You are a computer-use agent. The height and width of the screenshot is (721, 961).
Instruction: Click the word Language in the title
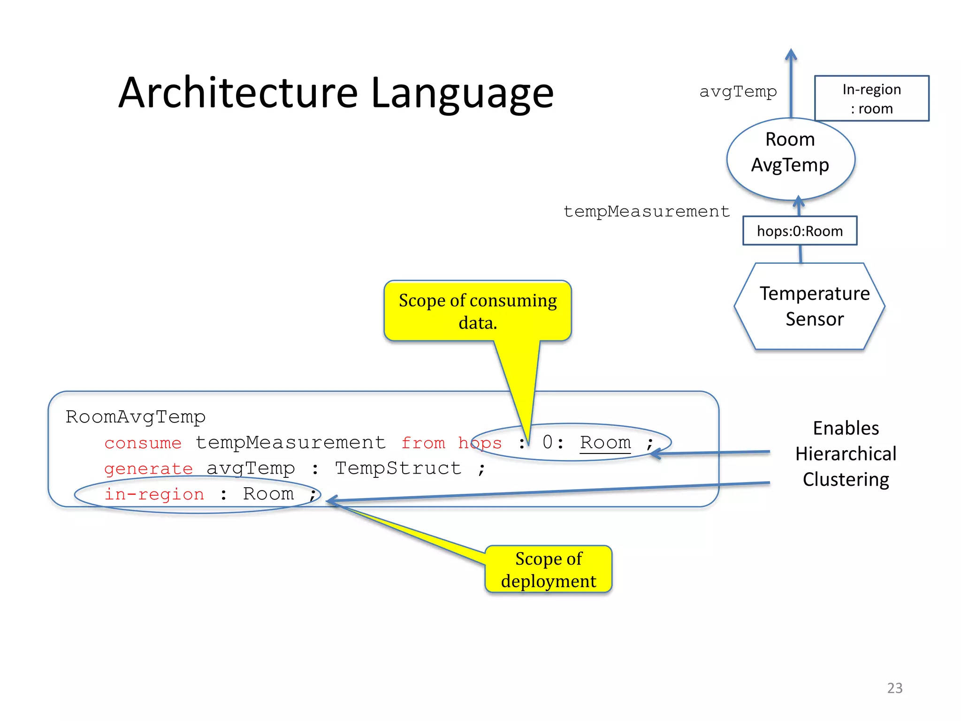click(x=462, y=94)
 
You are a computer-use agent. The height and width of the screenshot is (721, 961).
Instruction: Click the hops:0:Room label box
click(x=800, y=231)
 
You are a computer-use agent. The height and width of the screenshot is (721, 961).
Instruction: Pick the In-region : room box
click(x=871, y=99)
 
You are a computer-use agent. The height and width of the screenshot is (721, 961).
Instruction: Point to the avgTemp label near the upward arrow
click(x=738, y=92)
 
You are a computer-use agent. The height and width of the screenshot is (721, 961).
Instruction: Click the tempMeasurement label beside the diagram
click(x=646, y=211)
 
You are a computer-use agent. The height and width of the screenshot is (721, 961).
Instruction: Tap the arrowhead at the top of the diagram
click(x=791, y=55)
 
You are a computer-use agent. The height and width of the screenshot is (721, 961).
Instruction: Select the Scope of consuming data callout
click(x=478, y=311)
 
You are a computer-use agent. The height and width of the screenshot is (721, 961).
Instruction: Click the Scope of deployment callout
click(x=548, y=569)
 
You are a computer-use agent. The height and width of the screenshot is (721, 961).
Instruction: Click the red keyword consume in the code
click(x=143, y=443)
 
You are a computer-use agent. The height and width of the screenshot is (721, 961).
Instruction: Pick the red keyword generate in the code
click(x=148, y=468)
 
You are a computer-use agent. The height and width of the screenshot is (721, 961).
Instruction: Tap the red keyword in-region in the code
click(x=154, y=494)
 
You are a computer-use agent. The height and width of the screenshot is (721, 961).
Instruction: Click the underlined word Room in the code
click(x=605, y=443)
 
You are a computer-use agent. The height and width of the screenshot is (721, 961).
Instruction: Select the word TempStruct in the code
click(x=398, y=468)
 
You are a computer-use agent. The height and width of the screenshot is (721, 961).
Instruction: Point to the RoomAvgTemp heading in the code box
click(x=135, y=417)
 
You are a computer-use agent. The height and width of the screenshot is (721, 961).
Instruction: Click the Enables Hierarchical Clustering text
click(x=846, y=453)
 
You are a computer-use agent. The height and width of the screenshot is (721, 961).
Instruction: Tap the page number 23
click(x=894, y=688)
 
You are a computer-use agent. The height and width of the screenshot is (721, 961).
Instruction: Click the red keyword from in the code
click(x=423, y=443)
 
